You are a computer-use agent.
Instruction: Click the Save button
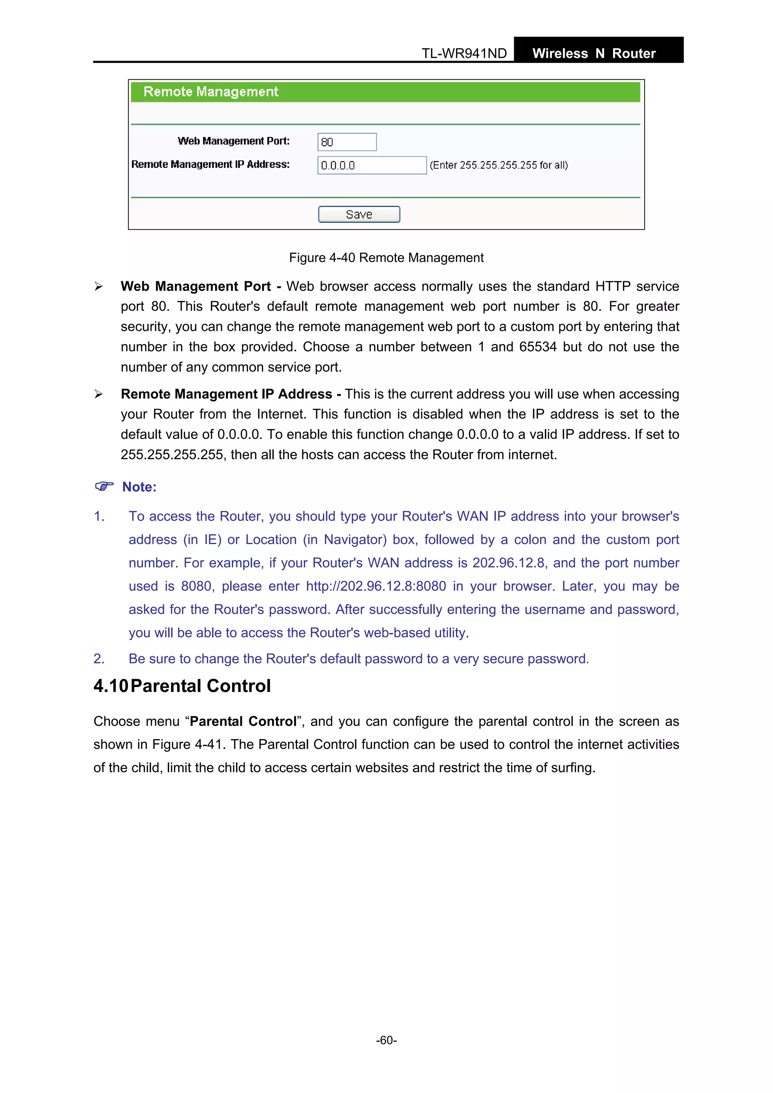point(359,214)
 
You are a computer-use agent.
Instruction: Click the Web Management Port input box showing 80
point(347,142)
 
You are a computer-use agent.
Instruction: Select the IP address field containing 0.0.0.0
point(371,165)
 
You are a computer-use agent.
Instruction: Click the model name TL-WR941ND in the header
point(464,53)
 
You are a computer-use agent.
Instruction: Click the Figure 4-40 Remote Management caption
point(386,258)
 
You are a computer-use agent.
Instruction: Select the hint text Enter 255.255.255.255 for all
point(498,165)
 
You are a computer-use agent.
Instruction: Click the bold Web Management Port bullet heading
point(196,286)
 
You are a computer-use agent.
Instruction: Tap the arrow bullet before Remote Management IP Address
point(98,394)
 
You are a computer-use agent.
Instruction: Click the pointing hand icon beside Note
point(104,486)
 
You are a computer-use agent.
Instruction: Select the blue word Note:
point(139,487)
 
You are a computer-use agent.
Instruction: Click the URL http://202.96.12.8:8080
point(376,586)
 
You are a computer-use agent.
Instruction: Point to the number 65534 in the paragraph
point(537,347)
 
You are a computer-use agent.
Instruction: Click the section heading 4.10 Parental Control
point(182,686)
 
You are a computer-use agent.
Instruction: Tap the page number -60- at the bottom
point(386,1040)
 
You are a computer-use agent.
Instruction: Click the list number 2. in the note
point(99,658)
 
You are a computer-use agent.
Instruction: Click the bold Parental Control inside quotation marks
point(243,721)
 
